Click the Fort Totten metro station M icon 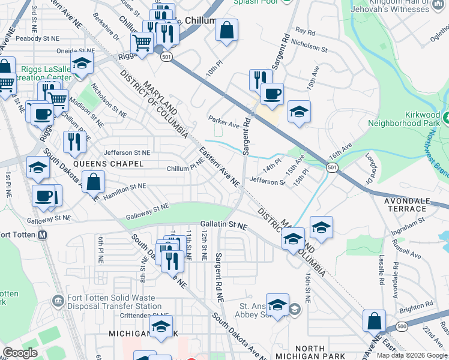(x=42, y=235)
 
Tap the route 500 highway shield (x=402, y=326)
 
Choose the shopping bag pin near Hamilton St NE (x=94, y=181)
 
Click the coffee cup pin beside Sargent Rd (x=272, y=94)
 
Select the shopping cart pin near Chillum (x=142, y=43)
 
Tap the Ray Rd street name (x=305, y=31)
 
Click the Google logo (x=20, y=353)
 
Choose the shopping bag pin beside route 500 (x=374, y=321)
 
